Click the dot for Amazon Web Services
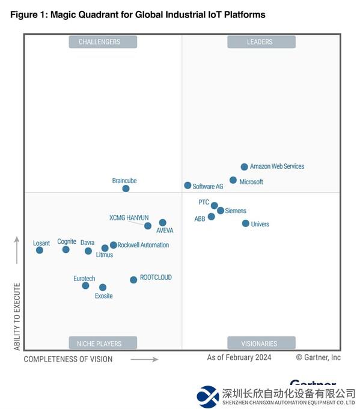[x=244, y=167]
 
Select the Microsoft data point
[x=233, y=180]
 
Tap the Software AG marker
[x=188, y=186]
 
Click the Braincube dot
[x=126, y=189]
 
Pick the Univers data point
[x=245, y=223]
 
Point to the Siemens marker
[x=221, y=210]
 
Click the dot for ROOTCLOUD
[x=133, y=280]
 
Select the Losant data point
[x=40, y=250]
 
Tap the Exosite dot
[x=103, y=287]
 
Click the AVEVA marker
[x=162, y=223]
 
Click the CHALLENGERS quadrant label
[x=100, y=42]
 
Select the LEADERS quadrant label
[x=260, y=42]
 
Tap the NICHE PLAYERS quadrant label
[x=100, y=344]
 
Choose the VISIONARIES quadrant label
[x=260, y=344]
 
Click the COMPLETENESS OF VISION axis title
[x=68, y=359]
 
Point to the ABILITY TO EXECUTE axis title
[x=17, y=316]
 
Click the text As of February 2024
[x=239, y=357]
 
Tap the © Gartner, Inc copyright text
[x=318, y=357]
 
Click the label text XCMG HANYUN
[x=129, y=217]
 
